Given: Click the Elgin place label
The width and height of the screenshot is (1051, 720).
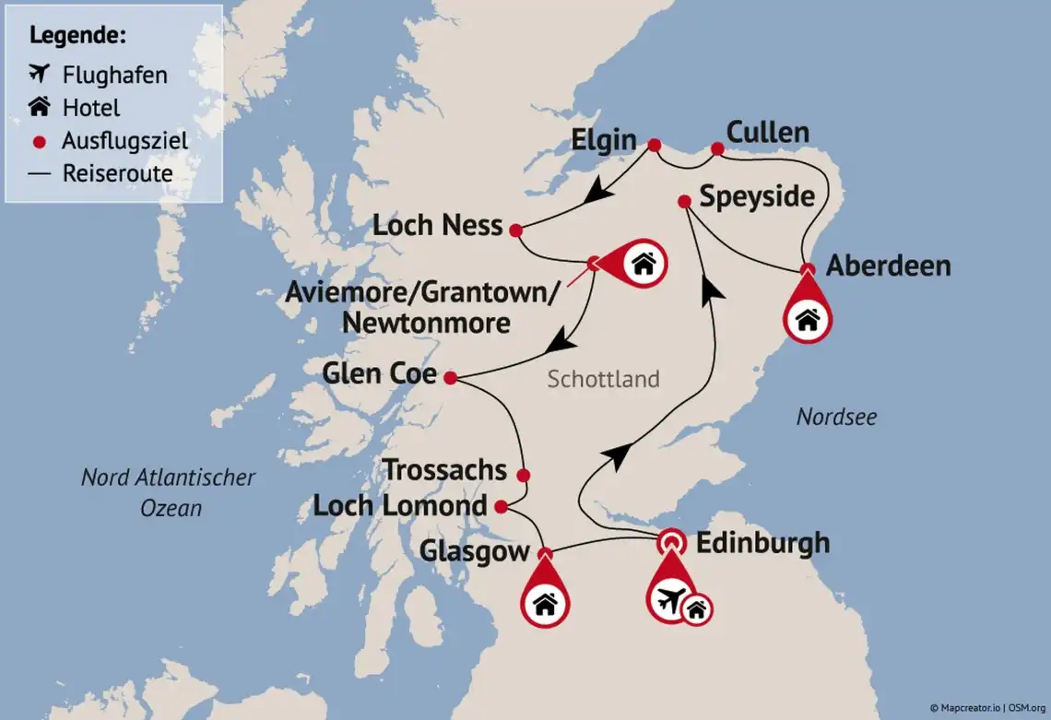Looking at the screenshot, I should click(604, 140).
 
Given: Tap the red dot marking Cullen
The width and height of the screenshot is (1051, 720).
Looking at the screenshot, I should click(717, 148).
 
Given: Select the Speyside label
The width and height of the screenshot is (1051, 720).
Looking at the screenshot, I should click(756, 196).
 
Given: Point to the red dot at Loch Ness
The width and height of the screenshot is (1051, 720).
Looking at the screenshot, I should click(515, 230).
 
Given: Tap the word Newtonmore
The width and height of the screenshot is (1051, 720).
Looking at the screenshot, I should click(426, 323).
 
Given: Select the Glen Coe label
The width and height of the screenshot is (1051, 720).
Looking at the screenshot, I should click(378, 373).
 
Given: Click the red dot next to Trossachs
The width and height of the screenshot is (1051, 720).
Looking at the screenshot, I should click(524, 476).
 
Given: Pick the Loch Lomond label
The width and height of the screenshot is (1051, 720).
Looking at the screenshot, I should click(399, 506).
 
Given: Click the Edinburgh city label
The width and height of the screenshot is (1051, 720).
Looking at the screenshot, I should click(762, 543).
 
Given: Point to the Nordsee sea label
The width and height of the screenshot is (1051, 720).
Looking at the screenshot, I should click(836, 418).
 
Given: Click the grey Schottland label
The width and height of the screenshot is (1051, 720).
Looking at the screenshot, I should click(603, 379).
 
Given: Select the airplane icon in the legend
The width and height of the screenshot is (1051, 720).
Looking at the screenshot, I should click(39, 74).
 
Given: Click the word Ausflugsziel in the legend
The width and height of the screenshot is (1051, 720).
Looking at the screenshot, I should click(124, 141).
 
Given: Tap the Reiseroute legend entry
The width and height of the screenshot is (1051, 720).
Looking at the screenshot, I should click(117, 173).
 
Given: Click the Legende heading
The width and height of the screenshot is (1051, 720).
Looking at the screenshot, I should click(77, 36).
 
